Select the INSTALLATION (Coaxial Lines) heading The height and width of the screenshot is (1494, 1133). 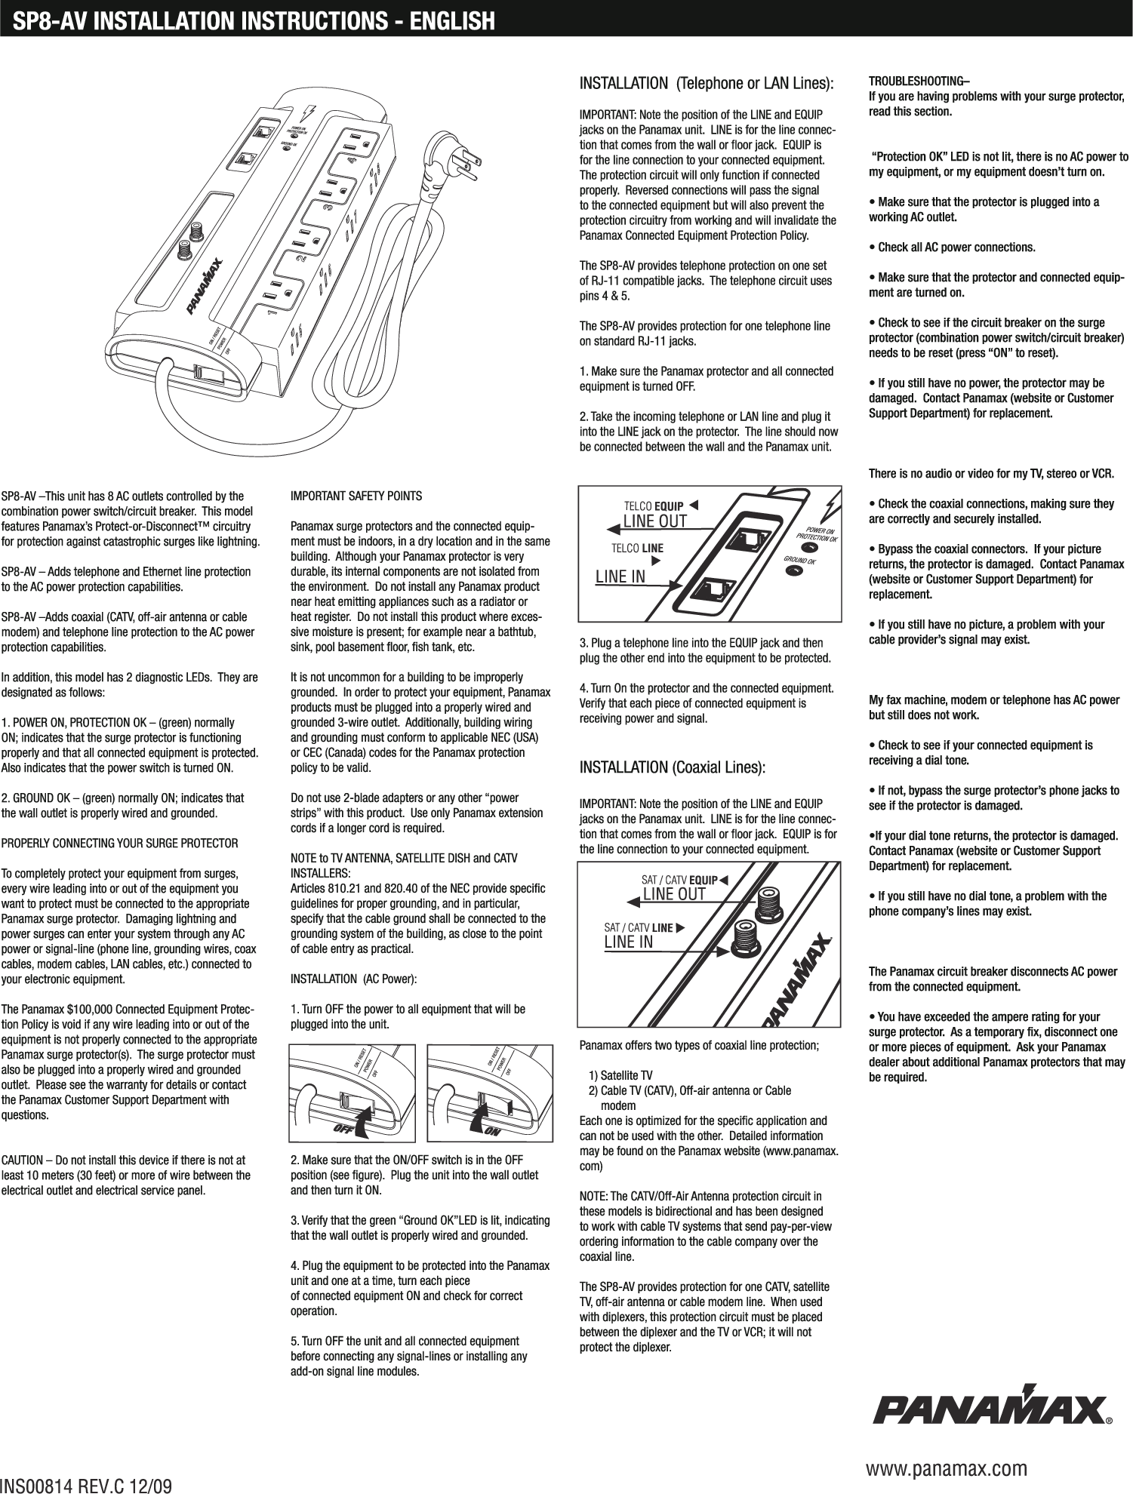(672, 768)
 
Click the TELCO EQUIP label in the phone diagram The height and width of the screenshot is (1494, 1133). (654, 505)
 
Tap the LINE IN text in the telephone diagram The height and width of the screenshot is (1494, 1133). (620, 577)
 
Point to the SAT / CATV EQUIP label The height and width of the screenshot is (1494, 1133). (679, 880)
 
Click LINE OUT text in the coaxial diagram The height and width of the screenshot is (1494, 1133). (673, 895)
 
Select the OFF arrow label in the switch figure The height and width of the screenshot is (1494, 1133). (343, 1130)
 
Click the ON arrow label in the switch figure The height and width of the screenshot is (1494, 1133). (493, 1130)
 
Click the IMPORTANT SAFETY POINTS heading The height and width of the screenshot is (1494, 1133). (356, 496)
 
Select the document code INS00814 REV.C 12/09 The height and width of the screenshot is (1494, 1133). (86, 1484)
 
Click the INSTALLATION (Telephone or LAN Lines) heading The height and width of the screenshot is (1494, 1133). (706, 82)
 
